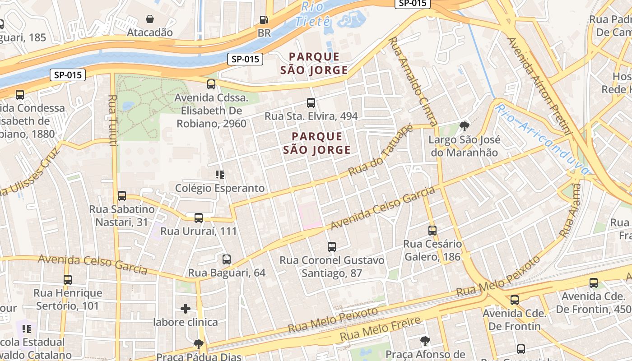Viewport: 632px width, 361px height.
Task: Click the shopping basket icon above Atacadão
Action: (x=149, y=19)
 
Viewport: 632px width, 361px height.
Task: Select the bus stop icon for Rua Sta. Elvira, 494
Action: (x=311, y=102)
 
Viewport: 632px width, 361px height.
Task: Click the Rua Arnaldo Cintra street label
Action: (x=413, y=81)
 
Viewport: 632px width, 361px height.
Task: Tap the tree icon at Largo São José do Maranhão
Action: (x=464, y=126)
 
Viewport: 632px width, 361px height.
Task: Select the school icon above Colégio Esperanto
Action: (x=220, y=174)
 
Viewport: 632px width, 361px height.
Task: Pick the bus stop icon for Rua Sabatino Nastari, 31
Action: (x=122, y=196)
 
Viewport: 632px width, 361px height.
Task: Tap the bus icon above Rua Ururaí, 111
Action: (x=198, y=218)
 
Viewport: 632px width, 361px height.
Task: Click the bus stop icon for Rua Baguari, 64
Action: (x=227, y=259)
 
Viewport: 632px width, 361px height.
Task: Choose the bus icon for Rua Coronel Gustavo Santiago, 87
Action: (x=332, y=247)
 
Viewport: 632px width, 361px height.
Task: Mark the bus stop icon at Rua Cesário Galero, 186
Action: (x=432, y=231)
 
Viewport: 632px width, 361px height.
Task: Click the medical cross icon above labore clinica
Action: (x=186, y=309)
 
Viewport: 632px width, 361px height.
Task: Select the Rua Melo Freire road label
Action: (x=380, y=329)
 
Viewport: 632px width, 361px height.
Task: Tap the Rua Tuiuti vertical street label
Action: (x=113, y=120)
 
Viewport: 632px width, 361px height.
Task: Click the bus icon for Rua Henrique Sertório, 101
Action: (x=68, y=280)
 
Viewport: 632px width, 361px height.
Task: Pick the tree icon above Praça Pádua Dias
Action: (x=198, y=344)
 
